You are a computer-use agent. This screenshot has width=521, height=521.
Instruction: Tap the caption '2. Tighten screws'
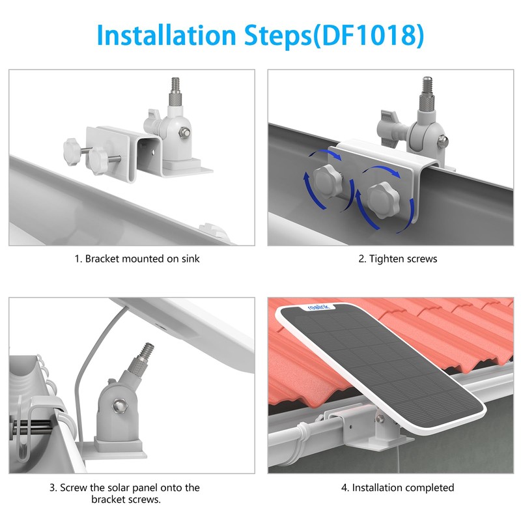click(398, 259)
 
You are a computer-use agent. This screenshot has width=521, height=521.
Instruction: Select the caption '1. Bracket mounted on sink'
click(137, 259)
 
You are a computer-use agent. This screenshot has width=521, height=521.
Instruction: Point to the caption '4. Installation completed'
click(397, 487)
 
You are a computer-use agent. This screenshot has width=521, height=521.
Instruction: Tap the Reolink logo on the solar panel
click(318, 306)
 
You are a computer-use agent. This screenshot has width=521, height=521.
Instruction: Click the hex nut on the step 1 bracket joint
click(185, 133)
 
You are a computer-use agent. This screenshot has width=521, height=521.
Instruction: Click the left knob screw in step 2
click(328, 182)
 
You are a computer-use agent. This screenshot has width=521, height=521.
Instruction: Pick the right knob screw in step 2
click(383, 200)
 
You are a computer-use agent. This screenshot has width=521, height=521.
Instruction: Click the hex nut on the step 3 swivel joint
click(119, 405)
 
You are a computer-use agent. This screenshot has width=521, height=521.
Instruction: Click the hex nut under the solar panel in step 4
click(380, 419)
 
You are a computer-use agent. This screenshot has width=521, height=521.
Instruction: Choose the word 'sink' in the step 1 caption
click(190, 259)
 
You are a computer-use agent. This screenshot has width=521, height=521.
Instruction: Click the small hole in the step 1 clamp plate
click(153, 153)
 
